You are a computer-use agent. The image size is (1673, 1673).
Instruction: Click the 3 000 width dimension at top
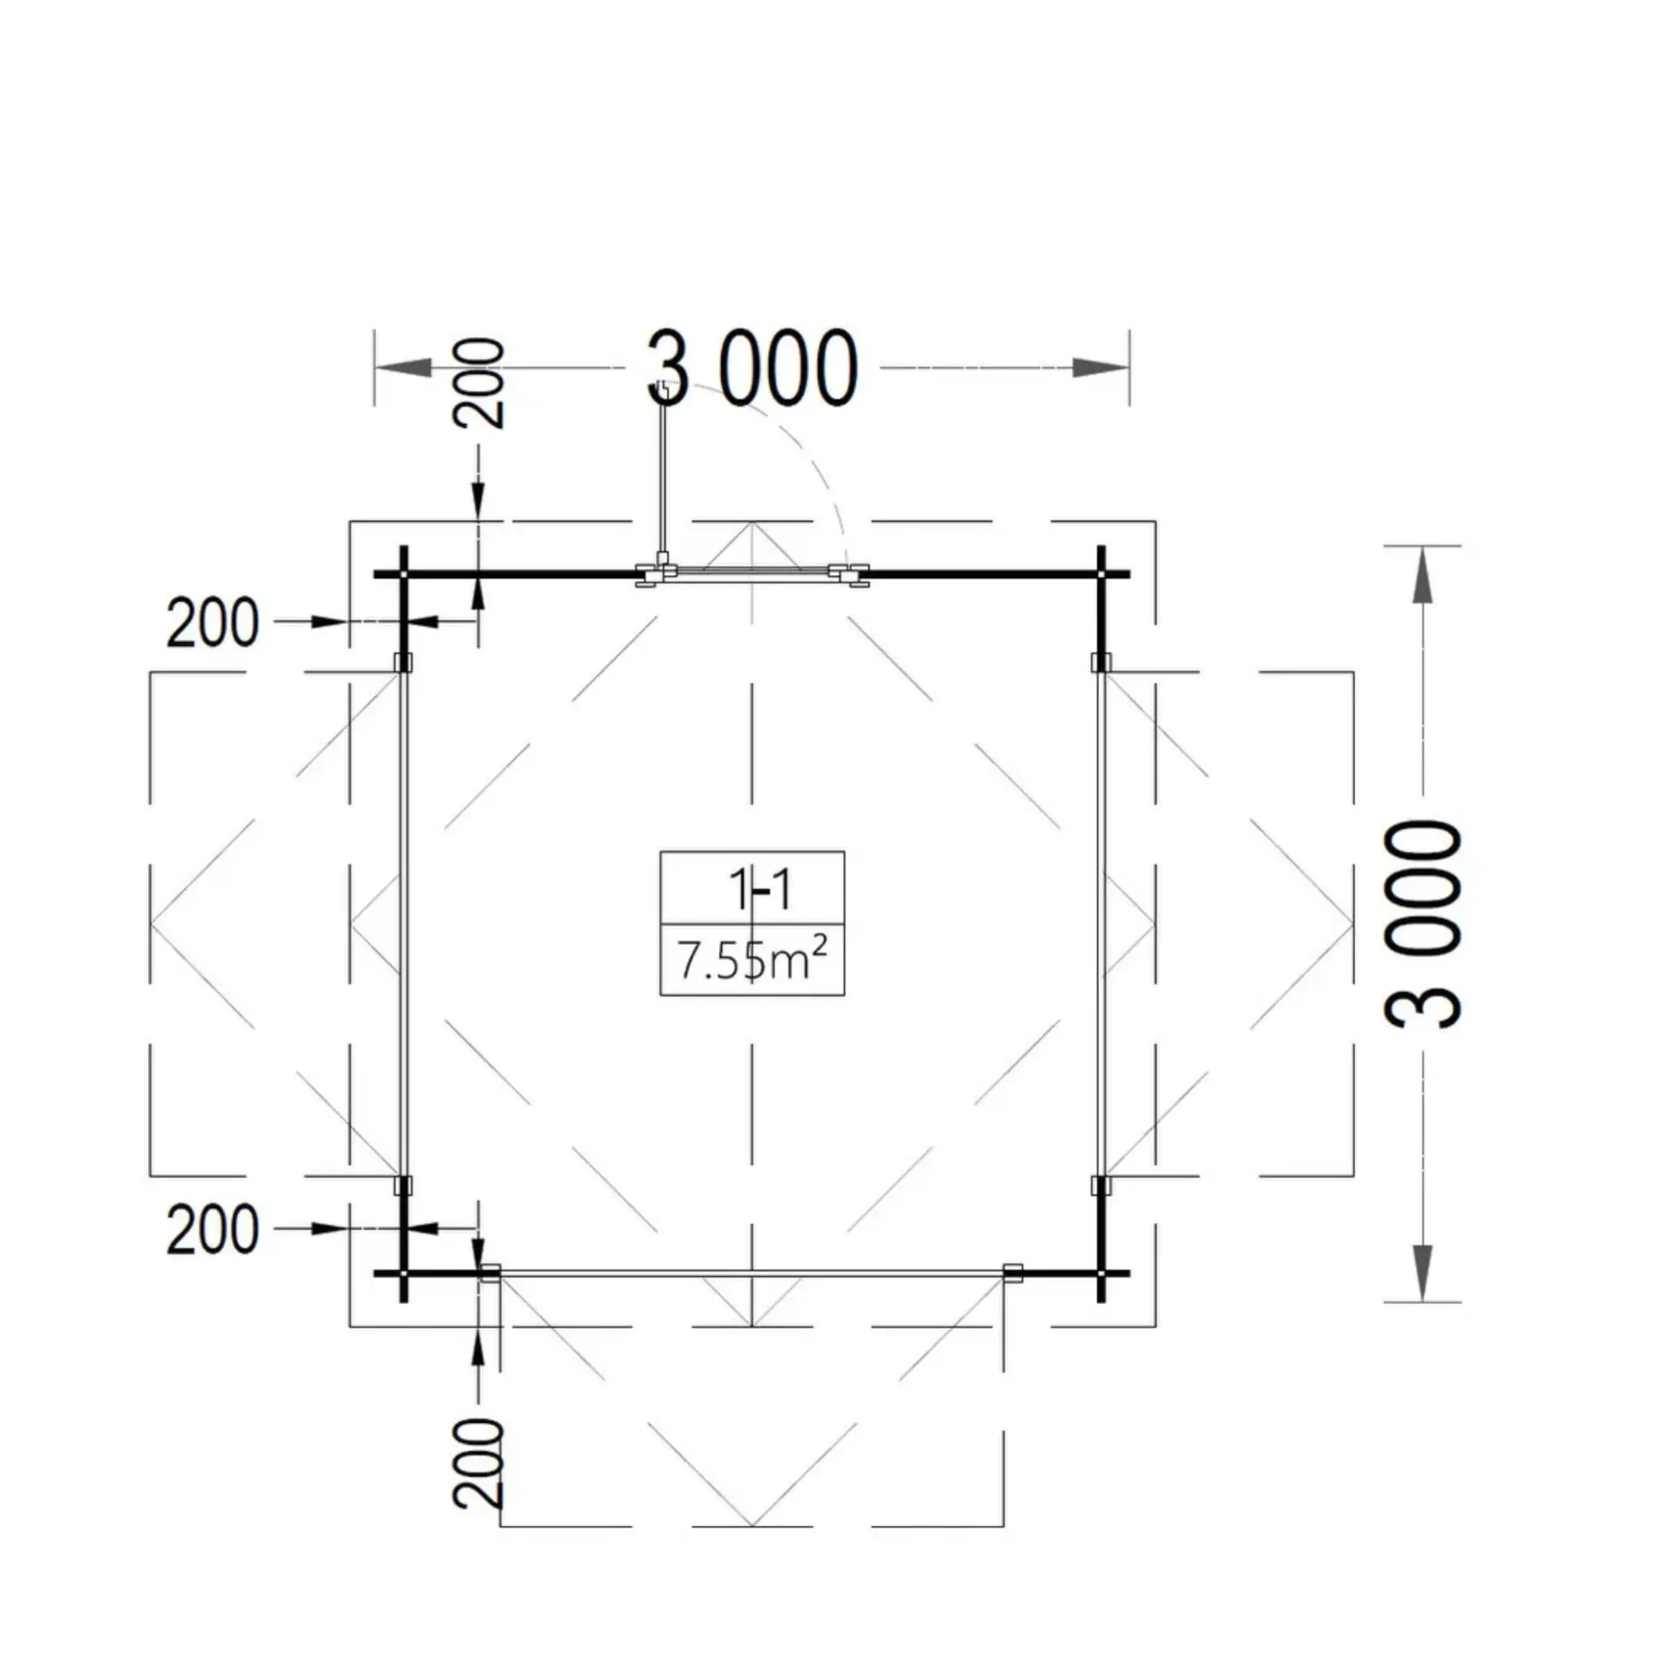(752, 368)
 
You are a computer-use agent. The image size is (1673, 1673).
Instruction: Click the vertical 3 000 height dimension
(1423, 924)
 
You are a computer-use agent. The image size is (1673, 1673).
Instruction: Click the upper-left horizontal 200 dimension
(212, 622)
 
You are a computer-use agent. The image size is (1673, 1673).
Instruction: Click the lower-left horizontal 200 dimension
(212, 1229)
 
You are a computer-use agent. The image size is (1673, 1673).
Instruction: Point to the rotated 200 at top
(479, 383)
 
